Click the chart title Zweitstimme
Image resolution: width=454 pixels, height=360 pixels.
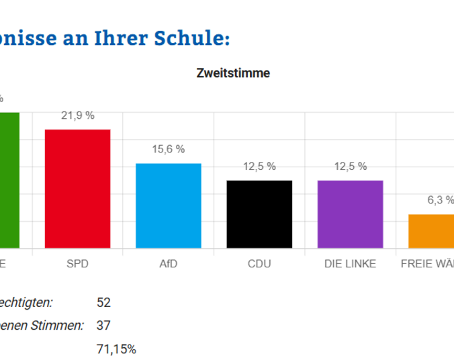pyautogui.click(x=233, y=73)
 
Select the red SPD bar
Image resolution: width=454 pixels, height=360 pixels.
pyautogui.click(x=77, y=189)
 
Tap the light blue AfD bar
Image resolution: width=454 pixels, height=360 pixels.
pyautogui.click(x=168, y=206)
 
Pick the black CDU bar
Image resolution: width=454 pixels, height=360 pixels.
pyautogui.click(x=259, y=214)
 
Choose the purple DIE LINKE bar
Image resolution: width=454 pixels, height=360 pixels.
pyautogui.click(x=350, y=214)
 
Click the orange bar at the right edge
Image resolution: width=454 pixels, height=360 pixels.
pyautogui.click(x=432, y=231)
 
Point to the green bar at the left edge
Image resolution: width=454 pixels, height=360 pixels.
pyautogui.click(x=9, y=180)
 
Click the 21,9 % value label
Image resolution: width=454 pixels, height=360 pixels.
pyautogui.click(x=77, y=116)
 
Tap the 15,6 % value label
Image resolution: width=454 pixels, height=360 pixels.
pyautogui.click(x=168, y=149)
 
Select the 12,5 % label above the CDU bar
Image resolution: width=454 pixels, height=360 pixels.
pyautogui.click(x=259, y=167)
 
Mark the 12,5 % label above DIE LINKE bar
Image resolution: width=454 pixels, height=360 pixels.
pyautogui.click(x=350, y=167)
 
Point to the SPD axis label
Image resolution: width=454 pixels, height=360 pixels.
pyautogui.click(x=77, y=264)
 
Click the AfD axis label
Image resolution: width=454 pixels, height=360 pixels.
pyautogui.click(x=168, y=264)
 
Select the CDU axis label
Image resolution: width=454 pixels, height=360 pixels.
pyautogui.click(x=259, y=264)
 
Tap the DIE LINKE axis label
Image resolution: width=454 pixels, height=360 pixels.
pyautogui.click(x=350, y=264)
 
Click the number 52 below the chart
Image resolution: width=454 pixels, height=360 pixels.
pyautogui.click(x=103, y=303)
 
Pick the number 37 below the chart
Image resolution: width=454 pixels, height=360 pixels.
pyautogui.click(x=103, y=326)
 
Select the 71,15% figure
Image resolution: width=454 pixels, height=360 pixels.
pyautogui.click(x=117, y=349)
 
